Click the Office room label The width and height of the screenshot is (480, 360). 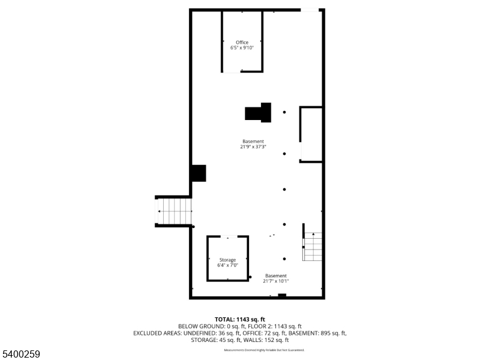(242, 42)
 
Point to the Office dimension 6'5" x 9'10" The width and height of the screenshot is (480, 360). (242, 47)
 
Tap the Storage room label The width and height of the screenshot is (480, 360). (227, 260)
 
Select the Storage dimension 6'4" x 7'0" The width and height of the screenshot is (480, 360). (227, 265)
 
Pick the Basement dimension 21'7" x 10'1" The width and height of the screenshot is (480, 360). (276, 281)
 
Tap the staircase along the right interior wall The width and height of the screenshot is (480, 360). (313, 246)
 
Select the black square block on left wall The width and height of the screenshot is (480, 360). (199, 173)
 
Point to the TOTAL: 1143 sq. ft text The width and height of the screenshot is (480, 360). (240, 319)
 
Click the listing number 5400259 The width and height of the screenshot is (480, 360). (21, 355)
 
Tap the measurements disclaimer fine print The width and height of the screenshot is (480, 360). (264, 350)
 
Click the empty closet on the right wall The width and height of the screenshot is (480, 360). (311, 134)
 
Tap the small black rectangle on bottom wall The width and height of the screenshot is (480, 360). (282, 295)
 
